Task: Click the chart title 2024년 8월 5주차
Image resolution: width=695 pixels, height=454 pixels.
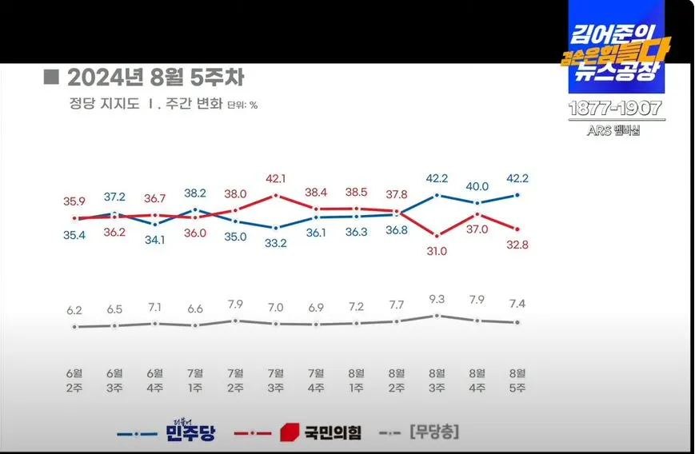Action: coord(155,78)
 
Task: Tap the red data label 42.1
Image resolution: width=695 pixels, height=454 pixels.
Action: coord(276,178)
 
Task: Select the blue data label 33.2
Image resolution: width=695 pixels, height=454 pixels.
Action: coord(276,244)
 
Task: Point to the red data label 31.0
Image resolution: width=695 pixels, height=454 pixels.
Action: coord(437,251)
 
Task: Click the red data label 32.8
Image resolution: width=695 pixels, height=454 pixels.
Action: coord(517,245)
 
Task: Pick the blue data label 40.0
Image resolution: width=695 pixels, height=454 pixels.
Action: coord(477,186)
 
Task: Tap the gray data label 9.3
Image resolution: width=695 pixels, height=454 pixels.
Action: coord(437,299)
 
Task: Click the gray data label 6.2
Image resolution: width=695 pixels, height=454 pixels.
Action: coord(74,309)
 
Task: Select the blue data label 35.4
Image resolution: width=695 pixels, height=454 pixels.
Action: coord(74,233)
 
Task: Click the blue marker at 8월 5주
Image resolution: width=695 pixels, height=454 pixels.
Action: coord(517,194)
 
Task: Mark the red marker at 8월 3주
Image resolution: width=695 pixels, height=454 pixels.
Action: coord(437,235)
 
